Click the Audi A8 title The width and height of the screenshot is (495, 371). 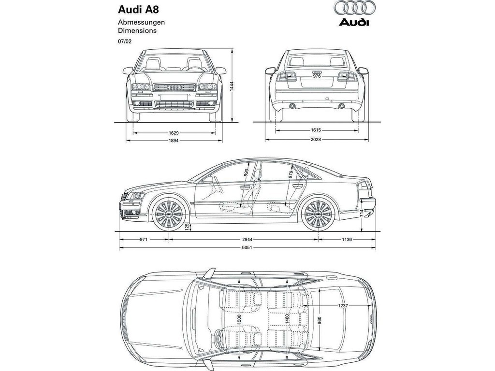138,10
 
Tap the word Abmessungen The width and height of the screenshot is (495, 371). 142,22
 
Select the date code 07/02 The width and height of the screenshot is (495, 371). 125,42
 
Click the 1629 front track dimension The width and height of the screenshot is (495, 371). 174,133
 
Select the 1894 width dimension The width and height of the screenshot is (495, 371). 174,141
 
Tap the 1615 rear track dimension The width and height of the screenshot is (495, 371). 316,130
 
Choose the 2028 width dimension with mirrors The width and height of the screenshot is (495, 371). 316,139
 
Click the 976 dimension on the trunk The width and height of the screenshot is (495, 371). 317,76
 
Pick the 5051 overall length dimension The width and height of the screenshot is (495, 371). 247,248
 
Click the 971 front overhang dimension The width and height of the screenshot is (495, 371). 144,240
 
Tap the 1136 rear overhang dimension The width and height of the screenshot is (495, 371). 347,240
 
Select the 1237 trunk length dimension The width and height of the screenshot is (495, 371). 343,306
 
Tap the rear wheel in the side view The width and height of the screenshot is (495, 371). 318,214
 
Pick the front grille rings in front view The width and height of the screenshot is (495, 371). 174,87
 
